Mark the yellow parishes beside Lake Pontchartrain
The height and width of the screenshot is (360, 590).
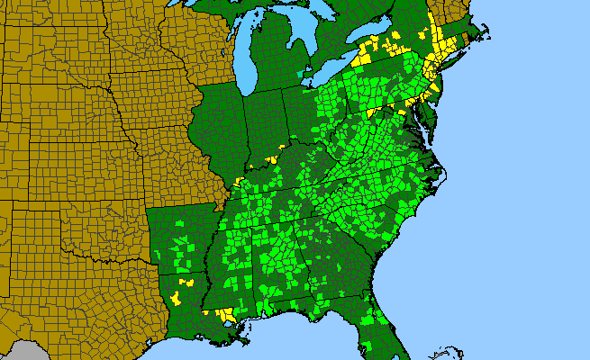225,315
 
